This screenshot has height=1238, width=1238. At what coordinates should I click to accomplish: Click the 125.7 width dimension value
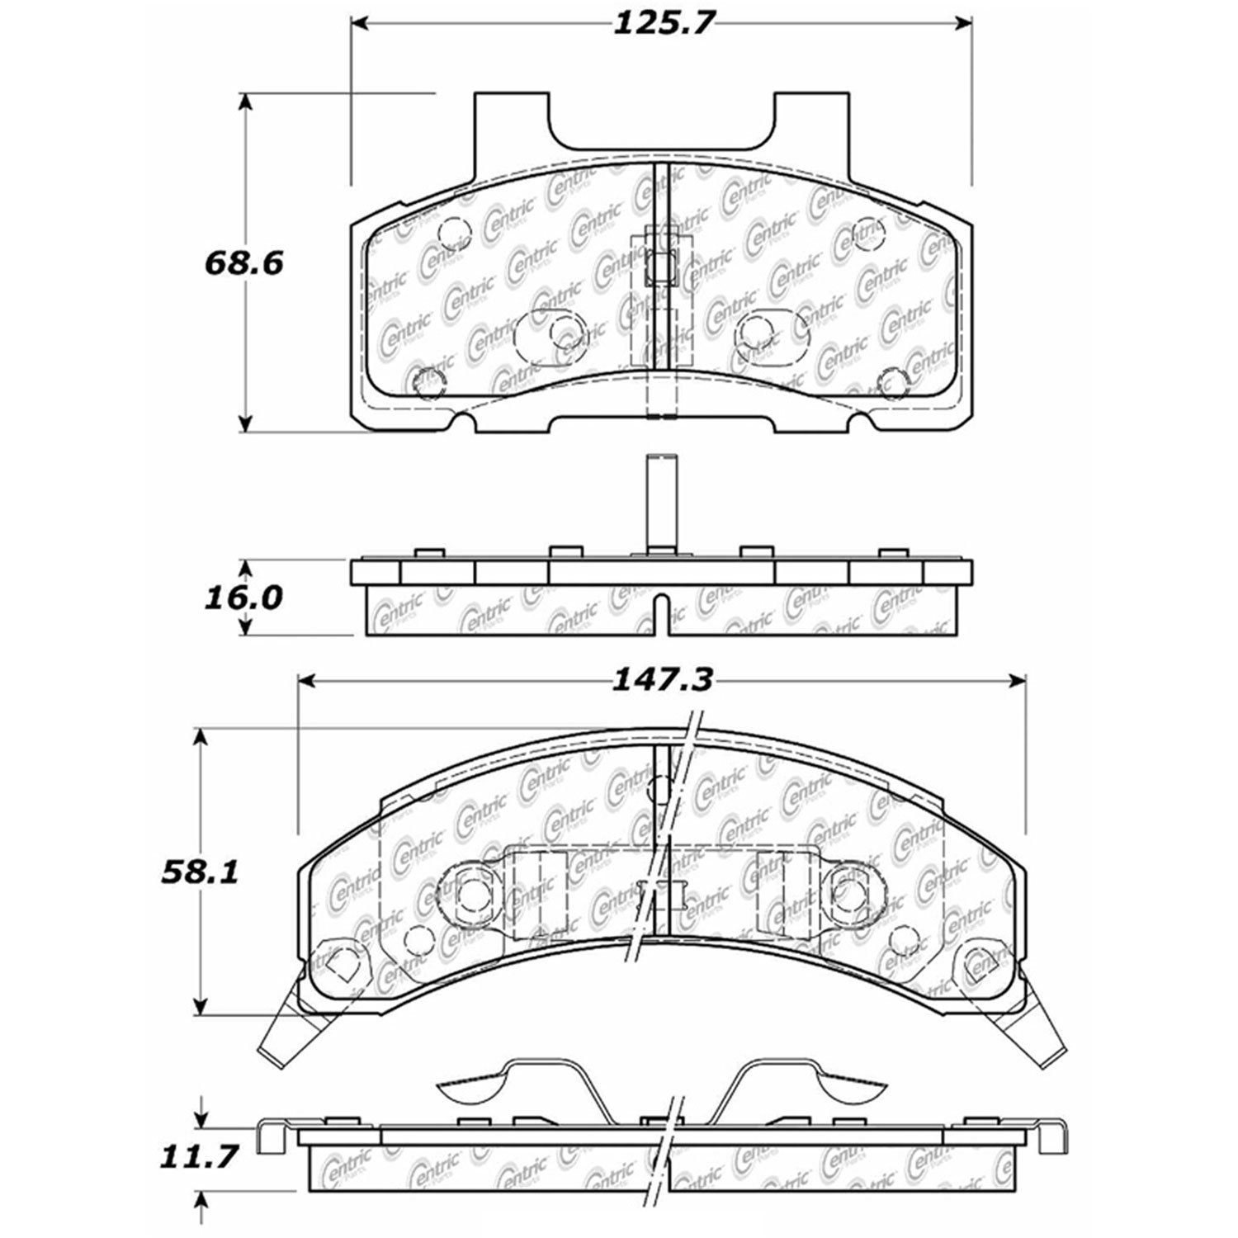pos(662,24)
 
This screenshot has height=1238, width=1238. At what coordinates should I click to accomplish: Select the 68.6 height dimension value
pos(243,264)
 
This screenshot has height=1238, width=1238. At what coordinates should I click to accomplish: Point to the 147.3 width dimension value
pos(662,681)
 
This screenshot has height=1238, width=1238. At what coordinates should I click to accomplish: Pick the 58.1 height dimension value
pos(198,872)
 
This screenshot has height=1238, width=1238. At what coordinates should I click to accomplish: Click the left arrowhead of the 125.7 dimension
pos(361,23)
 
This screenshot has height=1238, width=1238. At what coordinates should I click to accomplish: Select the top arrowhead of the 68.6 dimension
pos(244,103)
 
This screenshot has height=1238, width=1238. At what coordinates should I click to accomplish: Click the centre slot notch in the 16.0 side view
pos(661,614)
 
